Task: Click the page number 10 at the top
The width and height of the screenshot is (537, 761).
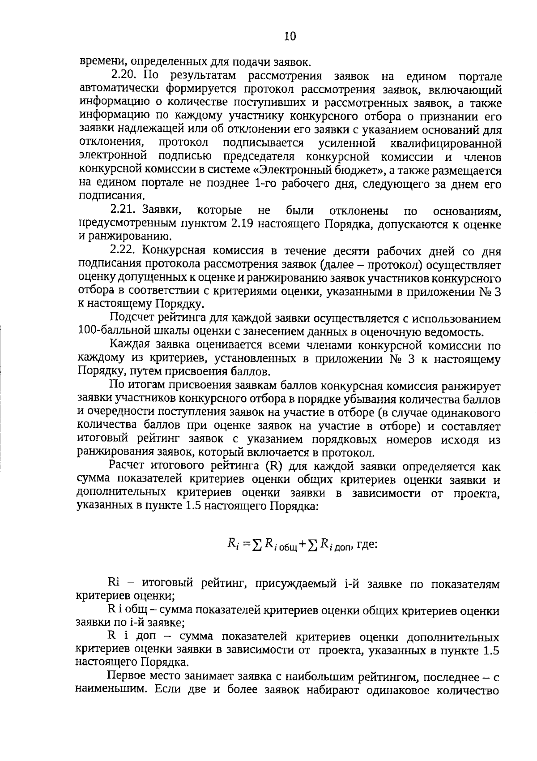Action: [290, 36]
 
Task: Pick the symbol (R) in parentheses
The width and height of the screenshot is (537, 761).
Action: [274, 466]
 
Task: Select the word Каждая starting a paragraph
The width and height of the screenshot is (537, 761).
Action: [130, 345]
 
